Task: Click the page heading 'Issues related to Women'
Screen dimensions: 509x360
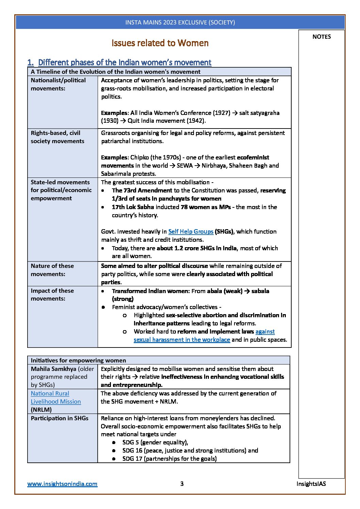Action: [160, 43]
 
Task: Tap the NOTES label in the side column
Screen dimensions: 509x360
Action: [321, 37]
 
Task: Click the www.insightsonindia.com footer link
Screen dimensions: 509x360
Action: [62, 483]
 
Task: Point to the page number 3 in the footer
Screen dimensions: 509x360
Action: [182, 483]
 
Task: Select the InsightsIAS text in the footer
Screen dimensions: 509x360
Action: [311, 483]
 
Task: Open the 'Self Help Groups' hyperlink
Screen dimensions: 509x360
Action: [191, 232]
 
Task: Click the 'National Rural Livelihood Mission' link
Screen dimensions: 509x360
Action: [56, 397]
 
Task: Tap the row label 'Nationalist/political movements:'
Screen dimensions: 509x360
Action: [58, 84]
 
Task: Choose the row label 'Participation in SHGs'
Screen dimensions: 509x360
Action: [60, 418]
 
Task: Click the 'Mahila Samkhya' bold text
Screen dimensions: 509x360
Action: [53, 369]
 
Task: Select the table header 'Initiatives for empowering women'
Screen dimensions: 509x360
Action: [78, 360]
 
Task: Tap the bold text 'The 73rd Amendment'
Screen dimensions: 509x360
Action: [142, 190]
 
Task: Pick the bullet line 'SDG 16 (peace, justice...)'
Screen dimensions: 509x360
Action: [190, 451]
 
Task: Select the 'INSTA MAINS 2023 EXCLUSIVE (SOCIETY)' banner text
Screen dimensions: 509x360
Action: [180, 22]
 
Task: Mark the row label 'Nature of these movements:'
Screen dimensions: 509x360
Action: [52, 270]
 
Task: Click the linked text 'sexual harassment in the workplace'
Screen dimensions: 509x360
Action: [182, 340]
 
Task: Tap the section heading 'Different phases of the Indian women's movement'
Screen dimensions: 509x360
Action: [125, 63]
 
